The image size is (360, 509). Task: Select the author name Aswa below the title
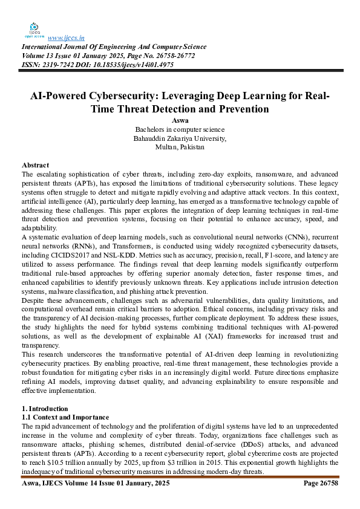click(180, 121)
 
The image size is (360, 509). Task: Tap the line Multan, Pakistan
click(180, 147)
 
